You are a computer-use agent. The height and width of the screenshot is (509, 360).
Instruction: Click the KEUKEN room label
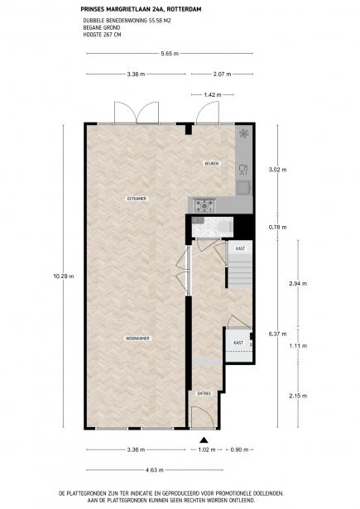pyautogui.click(x=211, y=164)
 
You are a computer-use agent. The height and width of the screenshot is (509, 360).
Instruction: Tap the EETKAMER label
pyautogui.click(x=137, y=199)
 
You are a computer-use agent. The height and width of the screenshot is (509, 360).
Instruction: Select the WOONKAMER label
pyautogui.click(x=138, y=339)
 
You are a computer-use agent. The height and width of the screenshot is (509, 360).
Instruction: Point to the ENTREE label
pyautogui.click(x=204, y=393)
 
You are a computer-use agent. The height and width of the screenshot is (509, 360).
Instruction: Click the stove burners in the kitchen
pyautogui.click(x=204, y=205)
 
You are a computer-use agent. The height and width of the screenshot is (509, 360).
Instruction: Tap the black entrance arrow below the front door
pyautogui.click(x=204, y=439)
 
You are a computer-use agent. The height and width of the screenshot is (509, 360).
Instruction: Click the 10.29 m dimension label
pyautogui.click(x=64, y=276)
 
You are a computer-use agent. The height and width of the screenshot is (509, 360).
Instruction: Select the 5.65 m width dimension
pyautogui.click(x=170, y=54)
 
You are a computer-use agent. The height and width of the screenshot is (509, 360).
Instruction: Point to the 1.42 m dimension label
pyautogui.click(x=213, y=95)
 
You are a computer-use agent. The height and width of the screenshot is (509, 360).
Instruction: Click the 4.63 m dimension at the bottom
pyautogui.click(x=155, y=470)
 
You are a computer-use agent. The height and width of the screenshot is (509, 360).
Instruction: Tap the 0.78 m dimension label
pyautogui.click(x=277, y=228)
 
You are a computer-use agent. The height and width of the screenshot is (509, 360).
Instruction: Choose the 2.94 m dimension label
pyautogui.click(x=298, y=283)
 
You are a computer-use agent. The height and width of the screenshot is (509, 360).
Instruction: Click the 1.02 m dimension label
pyautogui.click(x=207, y=449)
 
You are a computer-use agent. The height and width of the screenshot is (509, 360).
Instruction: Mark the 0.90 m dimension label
pyautogui.click(x=239, y=449)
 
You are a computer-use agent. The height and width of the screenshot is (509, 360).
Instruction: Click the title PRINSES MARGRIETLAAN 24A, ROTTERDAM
pyautogui.click(x=141, y=9)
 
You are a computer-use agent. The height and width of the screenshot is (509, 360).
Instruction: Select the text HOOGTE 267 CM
pyautogui.click(x=102, y=35)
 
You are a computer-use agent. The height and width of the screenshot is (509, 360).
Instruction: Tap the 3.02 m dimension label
pyautogui.click(x=277, y=170)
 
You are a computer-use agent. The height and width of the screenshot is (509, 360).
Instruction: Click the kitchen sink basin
pyautogui.click(x=243, y=188)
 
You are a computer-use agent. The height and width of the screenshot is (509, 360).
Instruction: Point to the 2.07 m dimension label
pyautogui.click(x=222, y=74)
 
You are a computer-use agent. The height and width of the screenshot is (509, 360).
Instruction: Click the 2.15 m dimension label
pyautogui.click(x=298, y=396)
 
